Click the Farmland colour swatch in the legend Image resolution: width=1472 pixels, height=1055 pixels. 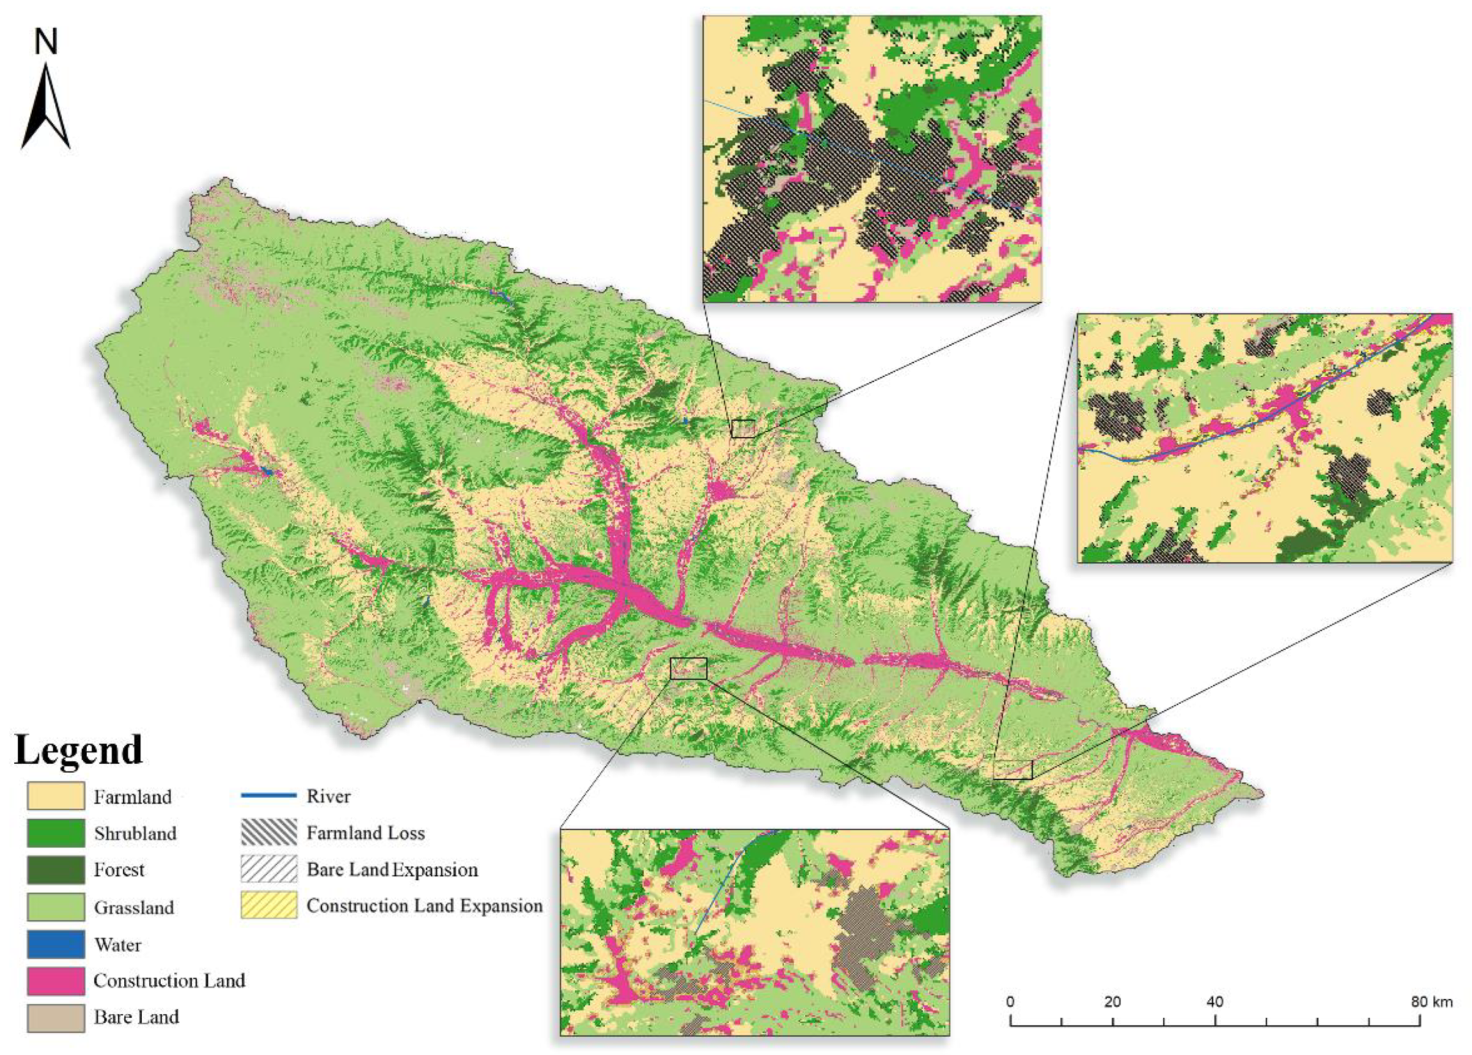click(x=55, y=796)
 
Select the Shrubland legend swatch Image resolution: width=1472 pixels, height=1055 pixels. click(x=55, y=833)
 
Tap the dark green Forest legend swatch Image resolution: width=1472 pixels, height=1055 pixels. click(x=55, y=869)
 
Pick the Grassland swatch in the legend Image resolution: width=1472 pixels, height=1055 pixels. click(x=55, y=906)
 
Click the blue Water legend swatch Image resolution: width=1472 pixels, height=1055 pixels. click(x=55, y=943)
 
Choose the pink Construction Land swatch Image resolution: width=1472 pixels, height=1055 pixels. click(x=55, y=980)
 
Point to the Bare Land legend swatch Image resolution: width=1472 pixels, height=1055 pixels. click(x=55, y=1017)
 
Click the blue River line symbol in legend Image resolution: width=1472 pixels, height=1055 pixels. click(x=268, y=795)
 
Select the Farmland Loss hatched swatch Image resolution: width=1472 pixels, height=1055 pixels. click(x=268, y=833)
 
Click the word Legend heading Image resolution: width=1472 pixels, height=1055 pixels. click(x=78, y=750)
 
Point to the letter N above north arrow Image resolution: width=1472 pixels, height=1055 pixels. click(x=46, y=43)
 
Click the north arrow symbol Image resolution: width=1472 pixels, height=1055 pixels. click(x=45, y=107)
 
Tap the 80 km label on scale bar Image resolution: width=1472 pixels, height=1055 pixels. click(x=1432, y=1002)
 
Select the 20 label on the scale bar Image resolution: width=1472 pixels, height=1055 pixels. click(x=1112, y=1002)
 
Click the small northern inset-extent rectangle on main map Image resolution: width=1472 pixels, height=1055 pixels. click(x=743, y=428)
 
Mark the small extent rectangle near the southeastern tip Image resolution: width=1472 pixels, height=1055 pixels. click(x=1013, y=769)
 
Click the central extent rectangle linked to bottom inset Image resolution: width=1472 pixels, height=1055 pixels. click(x=688, y=669)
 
